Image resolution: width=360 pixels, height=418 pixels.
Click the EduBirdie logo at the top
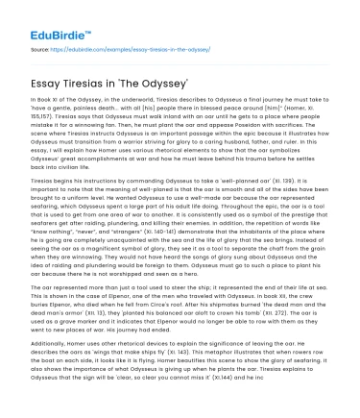[x=37, y=16]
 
